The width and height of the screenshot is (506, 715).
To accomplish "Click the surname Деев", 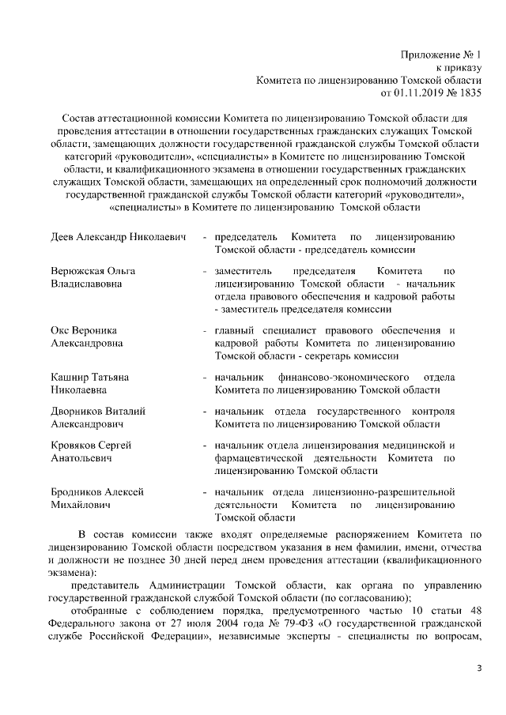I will (65, 237).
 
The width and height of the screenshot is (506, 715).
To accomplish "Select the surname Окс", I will (61, 330).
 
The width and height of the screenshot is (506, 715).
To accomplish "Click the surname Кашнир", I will (71, 377).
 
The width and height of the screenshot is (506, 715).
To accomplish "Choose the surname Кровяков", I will (76, 446).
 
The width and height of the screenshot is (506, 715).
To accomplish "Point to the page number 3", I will (478, 669).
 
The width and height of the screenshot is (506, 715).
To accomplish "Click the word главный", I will (234, 330).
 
